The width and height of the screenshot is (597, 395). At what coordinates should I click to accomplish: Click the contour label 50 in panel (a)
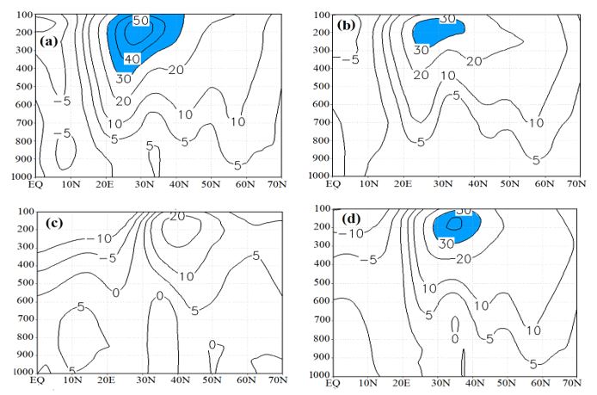pos(140,20)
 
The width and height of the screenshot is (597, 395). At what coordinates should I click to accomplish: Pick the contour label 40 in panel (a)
pos(132,59)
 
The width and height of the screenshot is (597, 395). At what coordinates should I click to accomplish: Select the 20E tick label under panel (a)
pos(107,185)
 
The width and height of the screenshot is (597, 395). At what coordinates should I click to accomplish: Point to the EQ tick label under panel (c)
pos(38,380)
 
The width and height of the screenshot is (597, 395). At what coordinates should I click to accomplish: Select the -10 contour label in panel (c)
pos(105,238)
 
